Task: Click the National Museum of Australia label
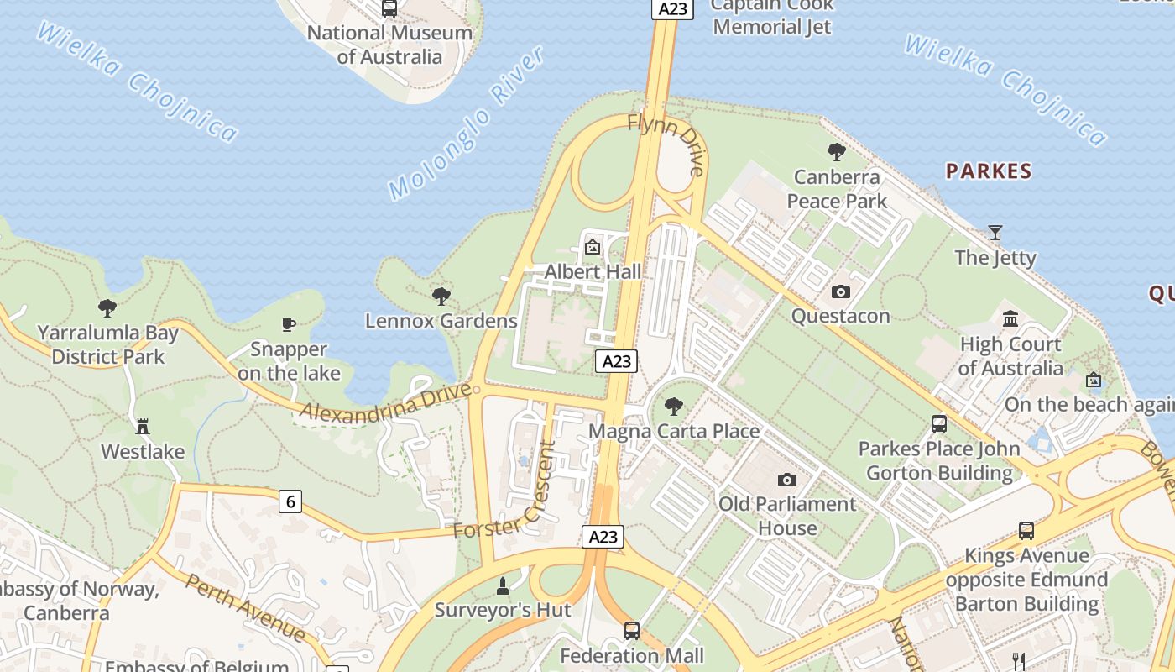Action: (389, 45)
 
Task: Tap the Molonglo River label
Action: (467, 123)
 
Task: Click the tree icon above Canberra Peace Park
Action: (836, 152)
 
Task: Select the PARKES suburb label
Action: (988, 171)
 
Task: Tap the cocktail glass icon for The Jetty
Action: (995, 232)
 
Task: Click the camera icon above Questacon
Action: (840, 291)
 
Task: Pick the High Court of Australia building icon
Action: (1010, 318)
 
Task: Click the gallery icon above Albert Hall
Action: (593, 247)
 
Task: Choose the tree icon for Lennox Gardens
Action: (441, 296)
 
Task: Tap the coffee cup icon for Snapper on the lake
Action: (289, 324)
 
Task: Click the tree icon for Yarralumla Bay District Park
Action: (107, 307)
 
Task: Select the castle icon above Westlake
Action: (143, 427)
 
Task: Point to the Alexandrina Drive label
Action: (386, 401)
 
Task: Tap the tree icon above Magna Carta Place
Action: (673, 407)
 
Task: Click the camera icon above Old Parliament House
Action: (786, 480)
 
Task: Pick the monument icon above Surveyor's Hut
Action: (503, 585)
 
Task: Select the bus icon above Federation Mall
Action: (632, 630)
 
